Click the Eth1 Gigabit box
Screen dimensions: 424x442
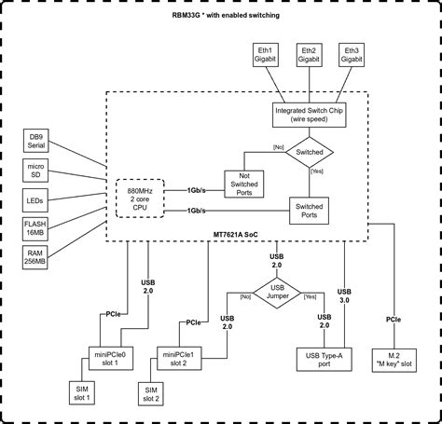(x=265, y=53)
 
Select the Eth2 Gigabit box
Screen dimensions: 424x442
(x=309, y=53)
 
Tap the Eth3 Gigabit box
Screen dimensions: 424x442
(x=352, y=53)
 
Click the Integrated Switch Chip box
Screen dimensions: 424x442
(x=309, y=114)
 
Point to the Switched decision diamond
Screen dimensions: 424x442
(x=309, y=150)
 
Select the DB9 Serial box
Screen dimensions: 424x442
(x=35, y=142)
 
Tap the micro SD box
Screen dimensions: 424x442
(x=35, y=171)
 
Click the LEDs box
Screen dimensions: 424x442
(x=35, y=199)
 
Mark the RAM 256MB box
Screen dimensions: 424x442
(x=35, y=257)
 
